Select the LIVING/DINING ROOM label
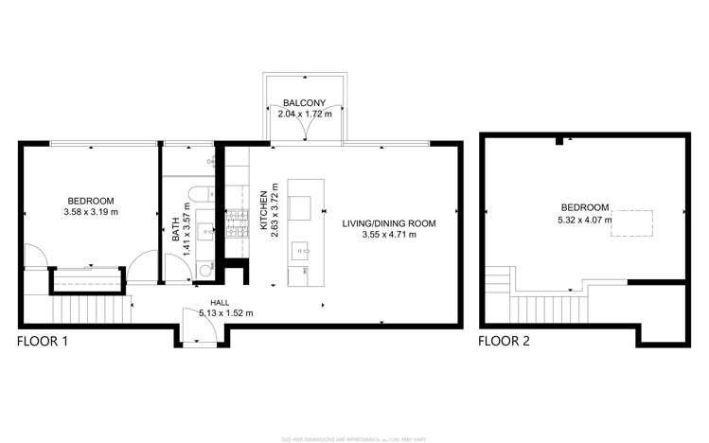387,222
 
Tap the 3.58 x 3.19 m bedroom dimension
91,212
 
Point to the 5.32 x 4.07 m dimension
584,220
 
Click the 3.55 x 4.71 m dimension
387,234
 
